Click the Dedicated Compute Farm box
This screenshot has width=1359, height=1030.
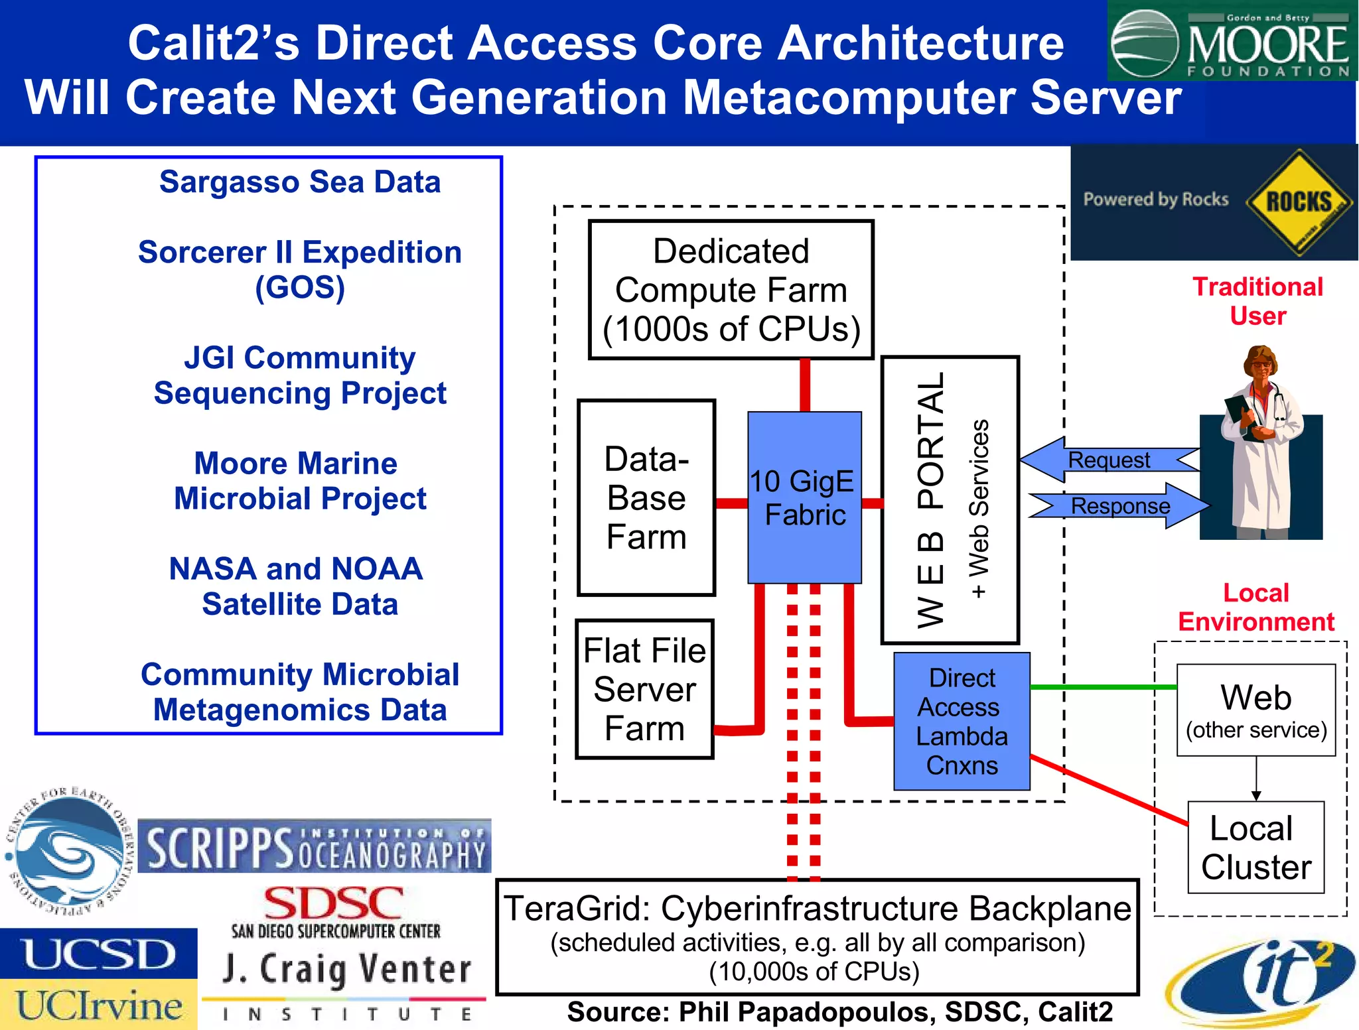coord(731,290)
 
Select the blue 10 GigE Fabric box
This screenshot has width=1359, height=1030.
coord(804,497)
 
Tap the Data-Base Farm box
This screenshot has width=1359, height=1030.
coord(646,497)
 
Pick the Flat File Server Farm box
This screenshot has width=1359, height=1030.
coord(644,689)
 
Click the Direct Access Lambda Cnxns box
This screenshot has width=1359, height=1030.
coord(962,721)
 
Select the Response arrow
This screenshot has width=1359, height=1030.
coord(1120,506)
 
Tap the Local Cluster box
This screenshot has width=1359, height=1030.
coord(1255,847)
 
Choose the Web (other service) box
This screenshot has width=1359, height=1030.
coord(1255,710)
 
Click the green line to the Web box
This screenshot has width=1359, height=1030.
coord(1102,687)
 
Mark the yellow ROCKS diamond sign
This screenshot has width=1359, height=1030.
coord(1298,202)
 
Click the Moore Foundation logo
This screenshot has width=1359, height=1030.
coord(1232,41)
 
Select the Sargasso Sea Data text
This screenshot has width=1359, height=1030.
coord(300,182)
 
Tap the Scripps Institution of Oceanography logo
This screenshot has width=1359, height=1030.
coord(315,847)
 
